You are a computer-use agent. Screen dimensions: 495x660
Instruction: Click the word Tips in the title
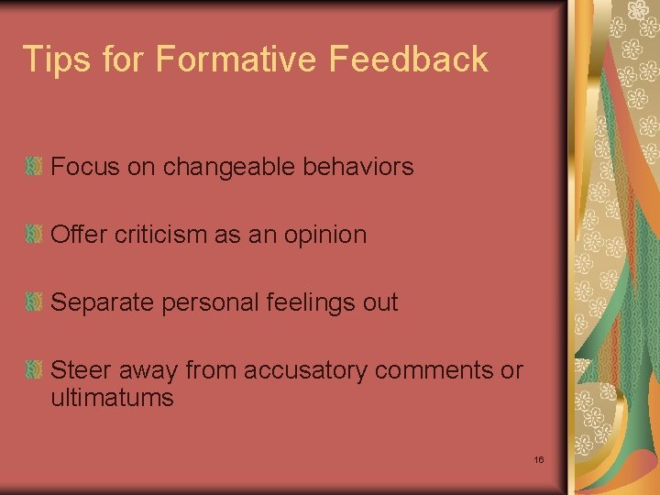[57, 60]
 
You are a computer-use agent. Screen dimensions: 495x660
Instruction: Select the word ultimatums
[112, 398]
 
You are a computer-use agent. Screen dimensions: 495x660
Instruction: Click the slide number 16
[539, 458]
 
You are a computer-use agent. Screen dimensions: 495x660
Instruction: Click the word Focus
[80, 167]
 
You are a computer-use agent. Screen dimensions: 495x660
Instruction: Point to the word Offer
[79, 235]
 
